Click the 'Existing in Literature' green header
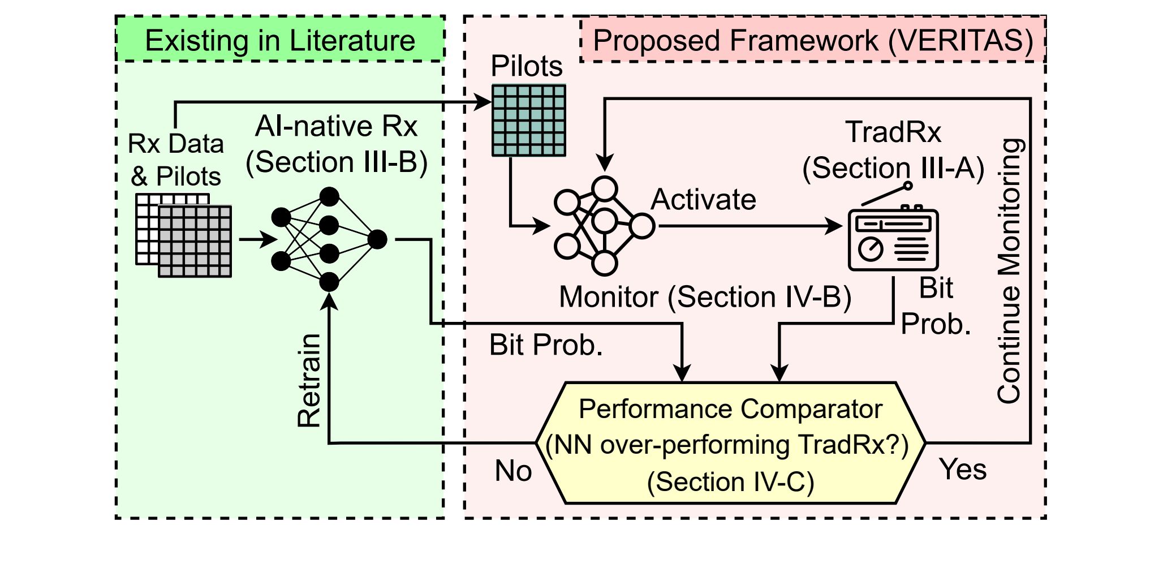point(280,40)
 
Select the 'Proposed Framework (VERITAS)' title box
point(813,40)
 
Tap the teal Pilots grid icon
point(529,121)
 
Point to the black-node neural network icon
point(329,239)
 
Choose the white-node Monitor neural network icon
point(604,226)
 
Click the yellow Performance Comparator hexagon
point(730,444)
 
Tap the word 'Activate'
point(703,200)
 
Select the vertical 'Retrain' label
point(309,380)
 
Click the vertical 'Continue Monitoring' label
point(1010,270)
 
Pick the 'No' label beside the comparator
point(513,471)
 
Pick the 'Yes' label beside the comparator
point(963,470)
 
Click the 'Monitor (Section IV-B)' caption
point(705,297)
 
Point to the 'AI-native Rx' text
point(336,126)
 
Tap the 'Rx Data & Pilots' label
point(175,160)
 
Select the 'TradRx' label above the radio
point(893,132)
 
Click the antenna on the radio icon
point(886,194)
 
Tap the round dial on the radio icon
point(871,248)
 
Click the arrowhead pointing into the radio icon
point(835,226)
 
